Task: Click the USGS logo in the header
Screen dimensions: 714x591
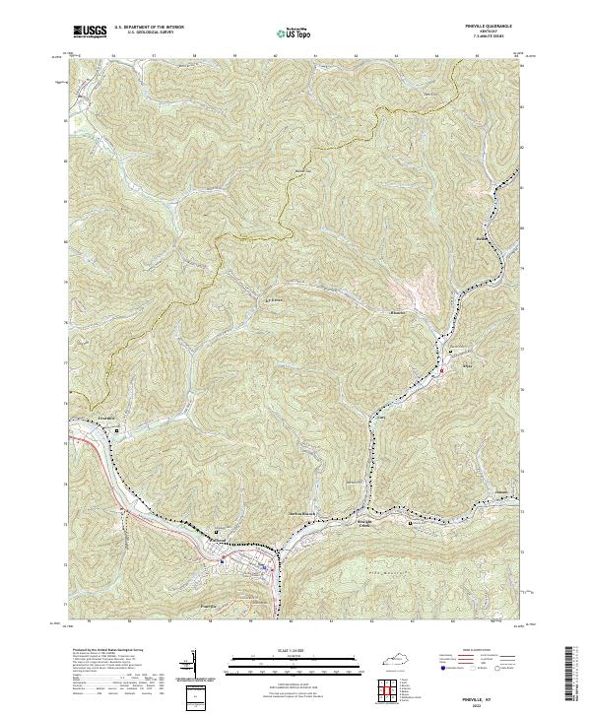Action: pos(90,32)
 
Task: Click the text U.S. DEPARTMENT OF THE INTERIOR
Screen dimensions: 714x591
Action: pos(147,26)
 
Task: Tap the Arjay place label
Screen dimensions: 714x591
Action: pos(467,366)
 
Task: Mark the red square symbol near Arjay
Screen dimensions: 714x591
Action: pos(442,370)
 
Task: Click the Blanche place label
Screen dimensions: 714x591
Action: pos(397,314)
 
